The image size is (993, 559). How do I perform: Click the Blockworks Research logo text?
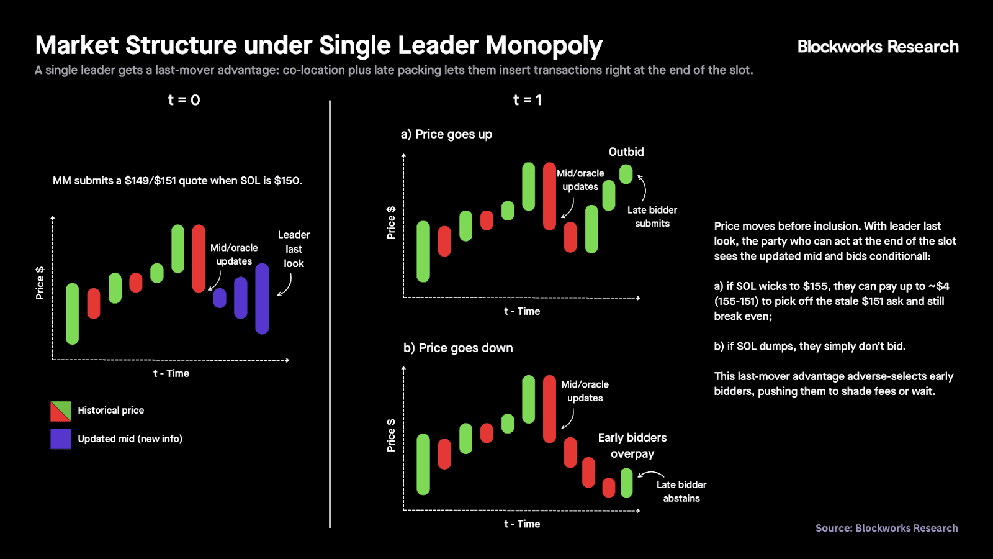[x=878, y=47]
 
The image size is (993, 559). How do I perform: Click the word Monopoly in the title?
[x=544, y=45]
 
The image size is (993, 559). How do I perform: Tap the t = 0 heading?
[x=184, y=100]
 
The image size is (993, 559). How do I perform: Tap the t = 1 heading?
[x=528, y=100]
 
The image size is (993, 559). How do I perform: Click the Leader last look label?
[x=294, y=249]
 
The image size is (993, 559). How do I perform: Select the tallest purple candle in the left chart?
[x=262, y=299]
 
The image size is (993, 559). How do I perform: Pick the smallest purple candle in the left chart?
[x=220, y=298]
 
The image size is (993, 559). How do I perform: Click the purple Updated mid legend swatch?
[x=61, y=439]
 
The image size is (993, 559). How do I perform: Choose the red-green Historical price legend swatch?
[x=61, y=411]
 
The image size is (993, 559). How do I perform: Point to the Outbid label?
[x=626, y=152]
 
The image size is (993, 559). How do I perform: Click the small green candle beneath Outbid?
[x=626, y=174]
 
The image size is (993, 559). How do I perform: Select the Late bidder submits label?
[x=652, y=217]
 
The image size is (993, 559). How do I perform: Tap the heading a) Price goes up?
[x=446, y=134]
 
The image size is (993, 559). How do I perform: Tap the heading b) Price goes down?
[x=458, y=348]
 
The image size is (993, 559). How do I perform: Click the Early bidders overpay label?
[x=632, y=445]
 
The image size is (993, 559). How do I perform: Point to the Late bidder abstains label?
[x=681, y=491]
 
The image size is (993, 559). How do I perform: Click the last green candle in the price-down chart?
[x=627, y=483]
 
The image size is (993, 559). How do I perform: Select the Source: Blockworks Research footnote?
[x=886, y=528]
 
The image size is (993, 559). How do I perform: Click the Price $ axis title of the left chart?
[x=40, y=283]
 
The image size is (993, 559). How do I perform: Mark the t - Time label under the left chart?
[x=171, y=373]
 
